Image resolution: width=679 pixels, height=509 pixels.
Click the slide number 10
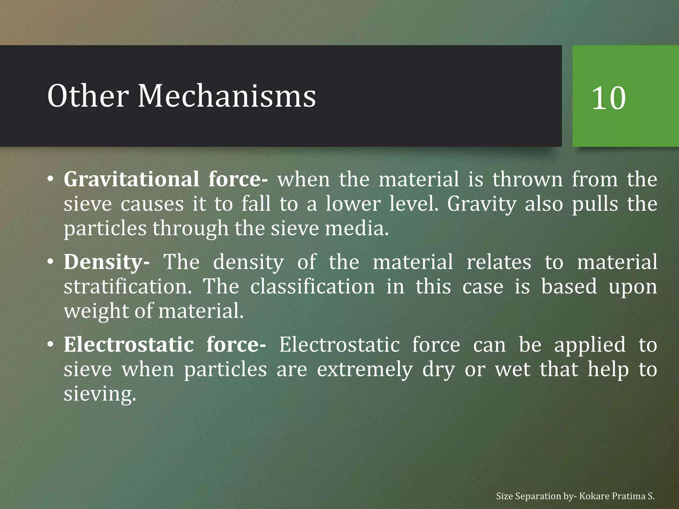[608, 98]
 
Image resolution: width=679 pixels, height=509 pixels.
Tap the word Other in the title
[88, 96]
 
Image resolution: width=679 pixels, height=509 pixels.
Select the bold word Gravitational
[131, 179]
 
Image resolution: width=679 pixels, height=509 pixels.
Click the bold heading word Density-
[106, 262]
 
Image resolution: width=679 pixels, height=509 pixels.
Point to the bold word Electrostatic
[129, 345]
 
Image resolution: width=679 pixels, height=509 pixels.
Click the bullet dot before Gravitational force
[50, 179]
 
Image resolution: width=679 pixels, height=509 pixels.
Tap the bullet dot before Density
[50, 262]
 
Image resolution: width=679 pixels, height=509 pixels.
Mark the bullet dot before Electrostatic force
[50, 345]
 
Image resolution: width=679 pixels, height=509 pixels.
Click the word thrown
[527, 179]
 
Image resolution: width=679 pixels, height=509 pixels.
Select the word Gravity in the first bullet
[481, 204]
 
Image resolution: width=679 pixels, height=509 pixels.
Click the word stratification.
[128, 287]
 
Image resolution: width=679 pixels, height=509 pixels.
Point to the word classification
[312, 287]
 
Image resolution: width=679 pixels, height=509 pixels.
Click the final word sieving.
[100, 394]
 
